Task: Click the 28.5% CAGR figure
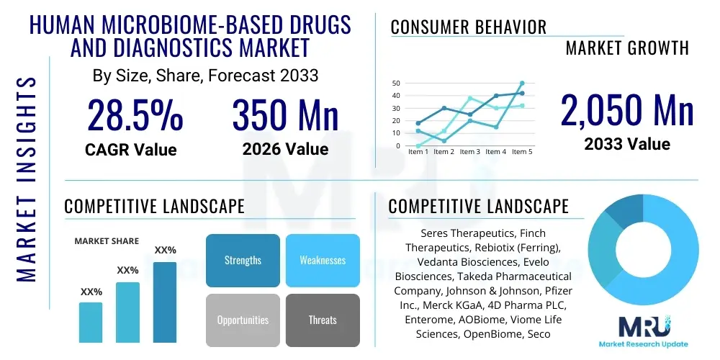click(x=135, y=115)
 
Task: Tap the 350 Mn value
click(x=285, y=115)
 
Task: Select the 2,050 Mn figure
click(x=627, y=110)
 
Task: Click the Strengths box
click(x=243, y=260)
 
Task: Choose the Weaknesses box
click(x=323, y=260)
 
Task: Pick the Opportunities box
click(x=243, y=320)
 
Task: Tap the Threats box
click(x=323, y=320)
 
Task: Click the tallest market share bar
click(x=165, y=302)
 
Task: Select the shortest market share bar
click(x=91, y=322)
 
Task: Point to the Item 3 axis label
click(x=469, y=152)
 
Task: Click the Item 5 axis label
click(x=521, y=152)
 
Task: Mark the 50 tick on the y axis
click(x=395, y=84)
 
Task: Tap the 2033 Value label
click(x=627, y=144)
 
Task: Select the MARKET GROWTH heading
click(x=627, y=48)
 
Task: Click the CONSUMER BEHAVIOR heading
click(x=469, y=27)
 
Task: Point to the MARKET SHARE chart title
click(x=107, y=241)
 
